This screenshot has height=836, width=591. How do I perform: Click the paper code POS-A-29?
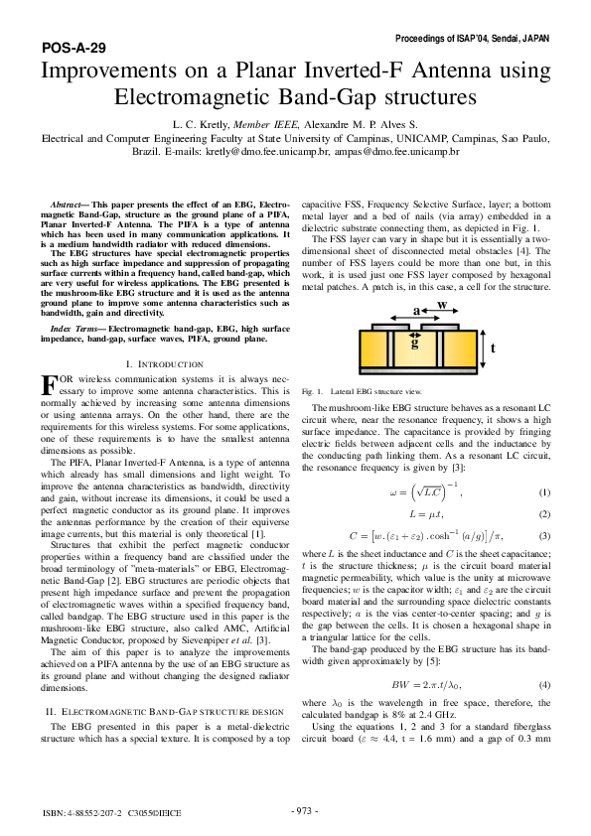click(x=74, y=47)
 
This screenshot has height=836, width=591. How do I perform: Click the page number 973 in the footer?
click(x=303, y=810)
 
